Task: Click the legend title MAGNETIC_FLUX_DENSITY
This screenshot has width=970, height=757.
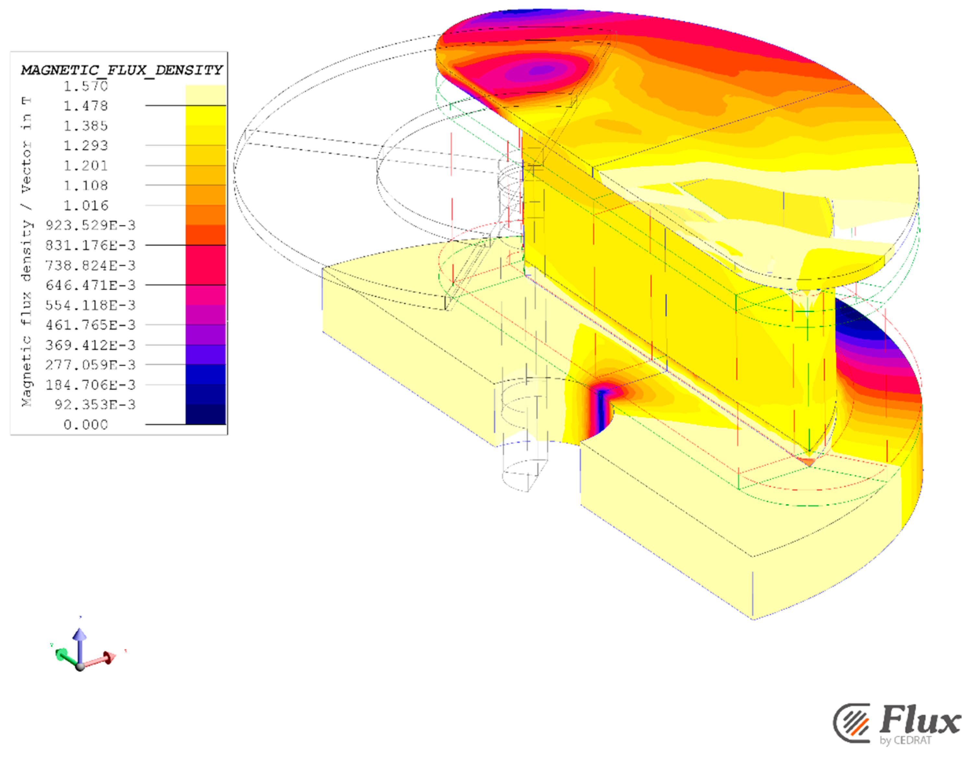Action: click(x=122, y=70)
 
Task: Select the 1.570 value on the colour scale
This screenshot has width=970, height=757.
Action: click(x=86, y=86)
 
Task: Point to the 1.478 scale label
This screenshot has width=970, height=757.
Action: click(x=86, y=106)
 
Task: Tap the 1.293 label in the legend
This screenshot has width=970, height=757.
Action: click(x=86, y=146)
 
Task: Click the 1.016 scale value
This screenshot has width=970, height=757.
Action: click(x=86, y=205)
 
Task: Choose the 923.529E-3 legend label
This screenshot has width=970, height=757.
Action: click(x=91, y=225)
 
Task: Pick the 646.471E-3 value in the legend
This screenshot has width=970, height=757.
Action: click(x=91, y=285)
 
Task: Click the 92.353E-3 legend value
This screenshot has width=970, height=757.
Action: click(x=95, y=404)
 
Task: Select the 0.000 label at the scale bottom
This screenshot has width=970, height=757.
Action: click(x=86, y=425)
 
